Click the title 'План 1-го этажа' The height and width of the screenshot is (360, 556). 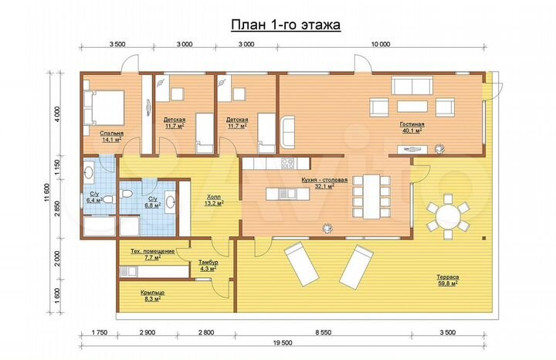pos(286,25)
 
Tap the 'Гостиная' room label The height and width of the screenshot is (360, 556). pos(412,124)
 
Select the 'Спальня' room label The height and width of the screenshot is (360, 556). pos(112,134)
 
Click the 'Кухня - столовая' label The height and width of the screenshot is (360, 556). pos(324,180)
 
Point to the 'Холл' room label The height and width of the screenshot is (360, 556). pos(213,197)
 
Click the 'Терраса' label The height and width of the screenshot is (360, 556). pos(447,277)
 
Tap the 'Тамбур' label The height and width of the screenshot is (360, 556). pos(208,263)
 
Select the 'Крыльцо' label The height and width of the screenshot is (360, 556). pos(152,293)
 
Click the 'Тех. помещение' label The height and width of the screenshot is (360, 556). pos(152,251)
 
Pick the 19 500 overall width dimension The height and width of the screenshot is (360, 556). pos(283,343)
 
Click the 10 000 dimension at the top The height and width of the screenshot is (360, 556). pos(381,44)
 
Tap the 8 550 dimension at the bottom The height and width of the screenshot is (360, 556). pos(324,333)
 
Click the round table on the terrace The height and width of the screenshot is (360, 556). pos(448,216)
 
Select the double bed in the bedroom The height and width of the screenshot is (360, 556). pos(104,108)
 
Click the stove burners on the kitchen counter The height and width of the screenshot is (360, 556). pos(287,163)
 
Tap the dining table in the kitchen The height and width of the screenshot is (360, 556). pos(371,196)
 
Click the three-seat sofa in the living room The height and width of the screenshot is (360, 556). pos(412,87)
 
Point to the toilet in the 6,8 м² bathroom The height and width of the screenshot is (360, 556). pos(125,194)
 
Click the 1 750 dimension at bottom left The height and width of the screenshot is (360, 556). pos(100,333)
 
